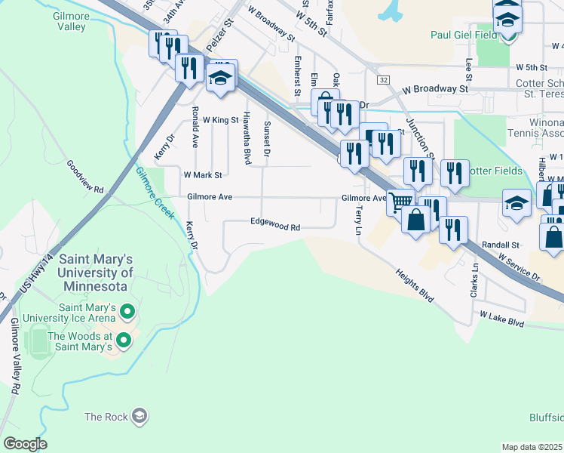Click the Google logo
click(26, 444)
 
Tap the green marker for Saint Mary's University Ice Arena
click(127, 311)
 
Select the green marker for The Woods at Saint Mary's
click(123, 342)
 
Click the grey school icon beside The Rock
click(139, 416)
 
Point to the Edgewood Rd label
click(275, 226)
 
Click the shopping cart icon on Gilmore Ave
click(400, 201)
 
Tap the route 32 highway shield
click(384, 79)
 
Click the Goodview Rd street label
click(84, 179)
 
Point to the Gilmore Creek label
click(155, 193)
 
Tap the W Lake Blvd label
click(501, 322)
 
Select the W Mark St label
click(203, 174)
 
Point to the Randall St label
click(501, 245)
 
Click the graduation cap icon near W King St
click(221, 78)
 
